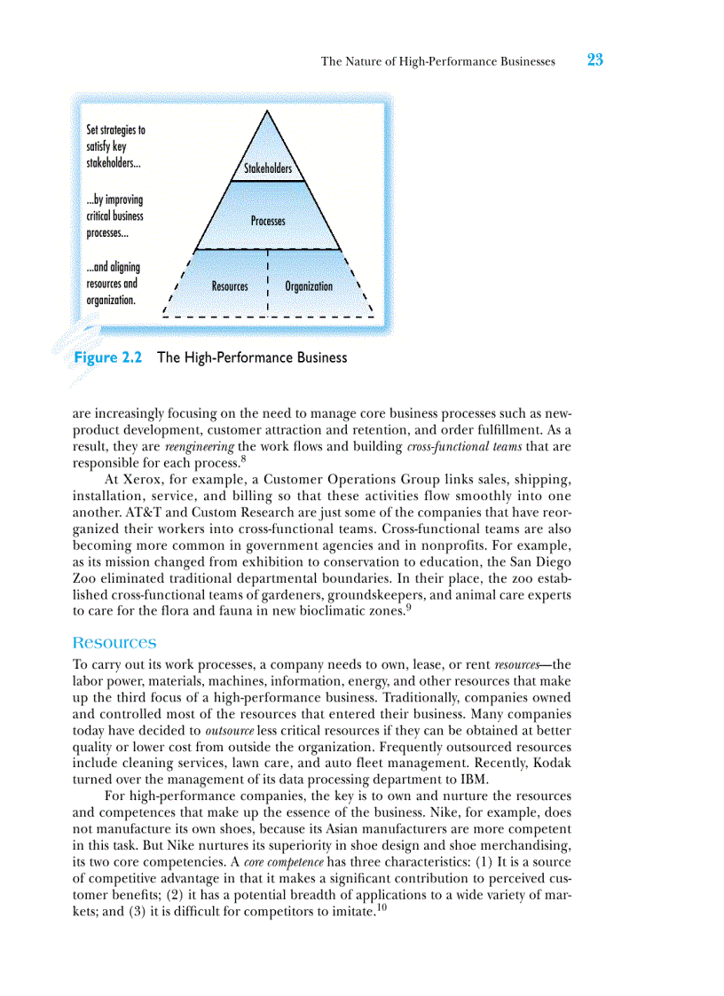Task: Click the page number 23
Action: click(x=594, y=60)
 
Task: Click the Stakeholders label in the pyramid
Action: click(x=268, y=169)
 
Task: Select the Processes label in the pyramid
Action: click(x=268, y=221)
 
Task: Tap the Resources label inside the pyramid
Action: click(x=230, y=286)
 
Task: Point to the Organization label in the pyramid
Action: click(x=309, y=286)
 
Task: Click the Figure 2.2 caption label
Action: click(x=107, y=357)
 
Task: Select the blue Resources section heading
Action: click(x=114, y=642)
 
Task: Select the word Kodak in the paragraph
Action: click(x=551, y=763)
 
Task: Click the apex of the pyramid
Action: click(x=267, y=111)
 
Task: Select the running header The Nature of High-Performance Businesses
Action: click(x=437, y=61)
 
